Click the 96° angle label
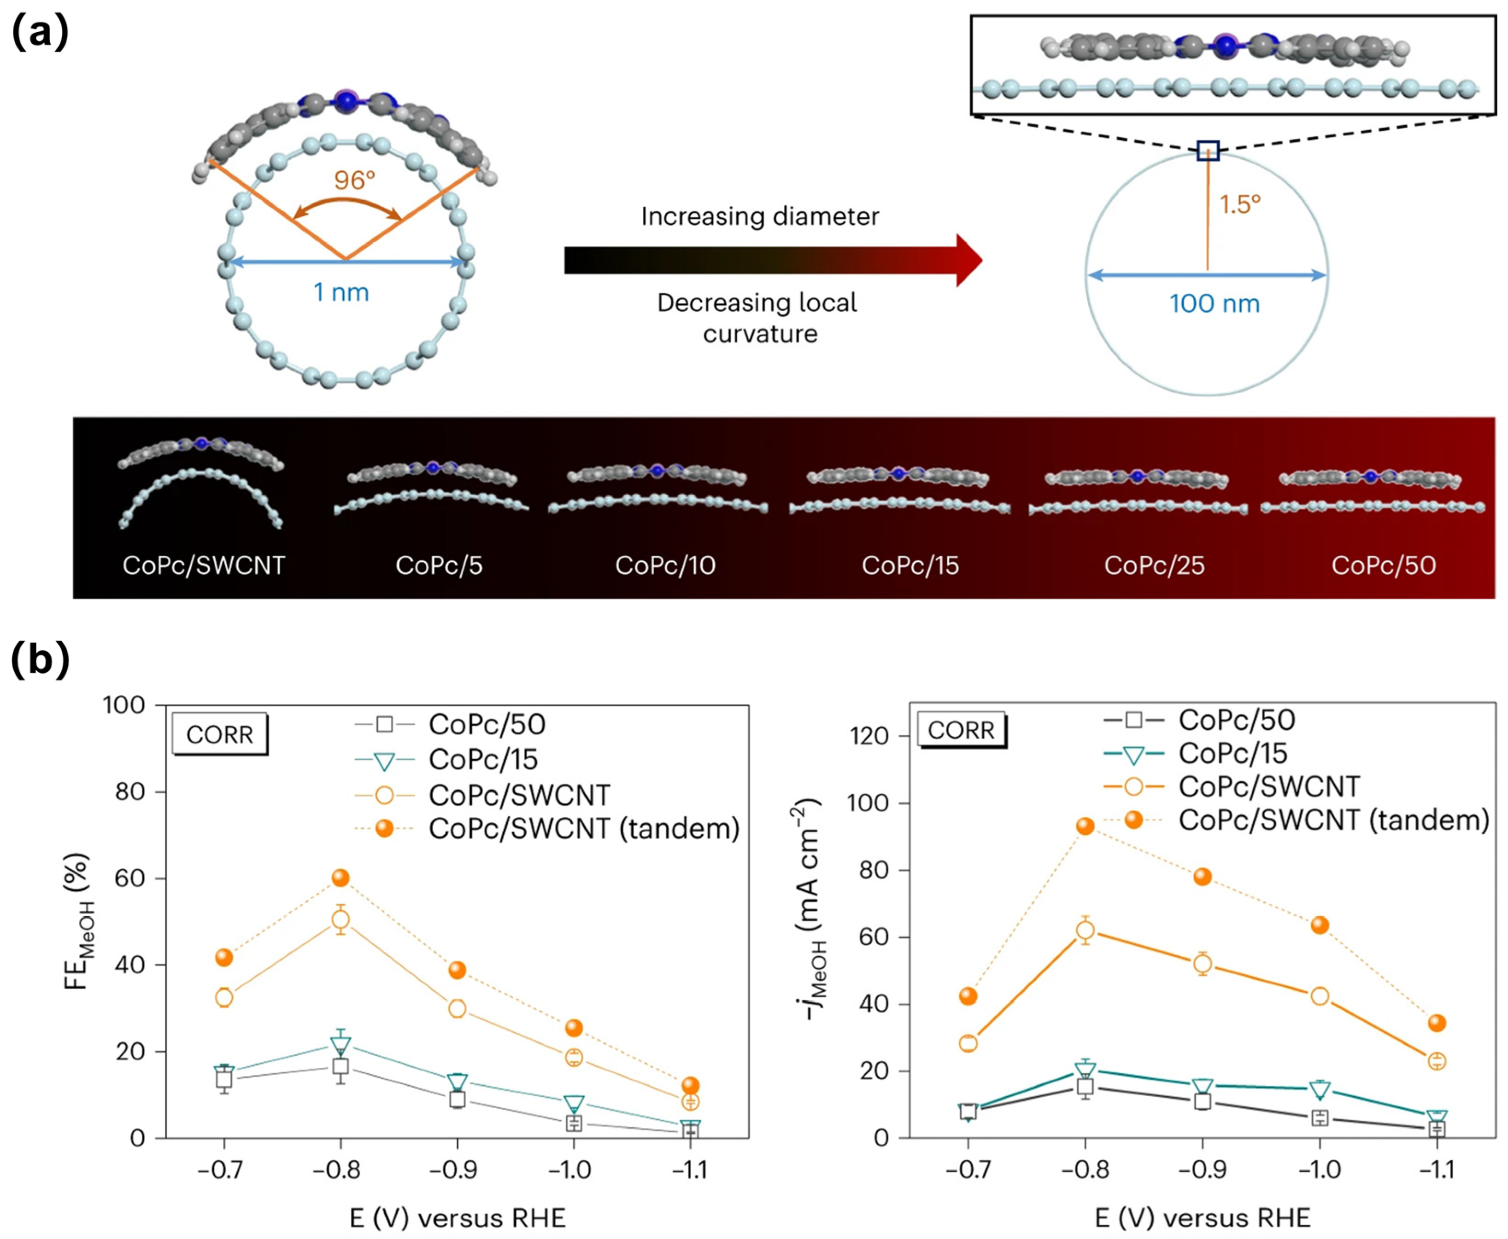tap(354, 180)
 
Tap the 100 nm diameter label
tap(1214, 303)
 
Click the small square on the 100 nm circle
tap(1208, 151)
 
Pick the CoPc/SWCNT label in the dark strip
tap(204, 565)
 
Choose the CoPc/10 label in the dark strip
tap(665, 565)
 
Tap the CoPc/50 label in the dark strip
tap(1383, 565)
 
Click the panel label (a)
tap(40, 32)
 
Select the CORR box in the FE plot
tap(220, 734)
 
